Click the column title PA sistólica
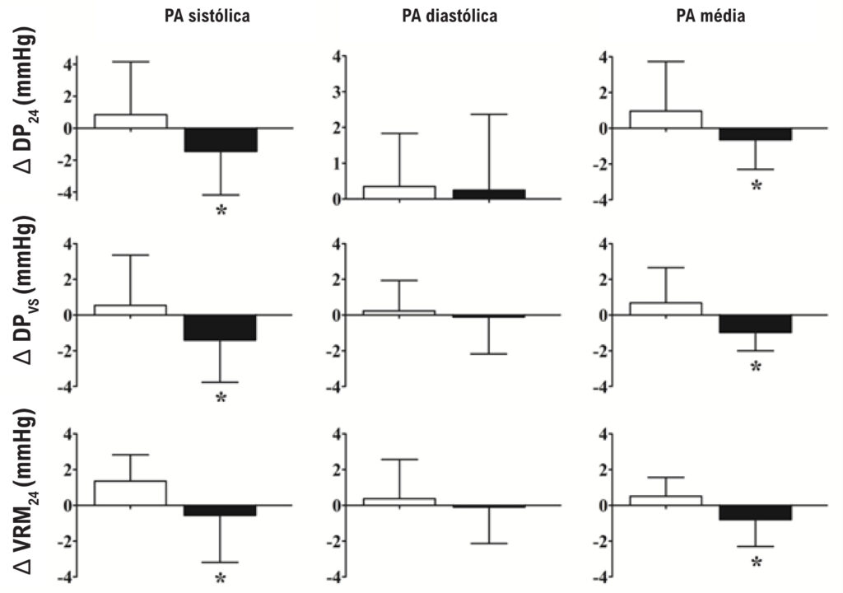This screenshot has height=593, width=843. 207,16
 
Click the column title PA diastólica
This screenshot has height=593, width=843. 449,16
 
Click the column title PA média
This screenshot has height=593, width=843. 710,16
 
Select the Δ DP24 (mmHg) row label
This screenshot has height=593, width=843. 24,100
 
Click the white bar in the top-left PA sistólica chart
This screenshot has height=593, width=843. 131,121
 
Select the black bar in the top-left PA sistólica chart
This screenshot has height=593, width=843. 221,140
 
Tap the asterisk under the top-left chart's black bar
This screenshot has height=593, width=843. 221,210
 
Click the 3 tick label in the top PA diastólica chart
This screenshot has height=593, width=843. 336,92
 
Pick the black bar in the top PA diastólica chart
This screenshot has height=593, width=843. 489,194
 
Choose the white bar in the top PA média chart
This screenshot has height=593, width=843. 665,119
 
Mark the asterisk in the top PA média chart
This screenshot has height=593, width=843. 757,186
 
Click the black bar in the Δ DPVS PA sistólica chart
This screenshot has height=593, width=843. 221,328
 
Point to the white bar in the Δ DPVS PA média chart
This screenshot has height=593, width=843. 665,309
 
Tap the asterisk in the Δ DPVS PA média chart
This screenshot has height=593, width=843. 756,367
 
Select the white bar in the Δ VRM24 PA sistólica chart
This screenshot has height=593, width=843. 130,493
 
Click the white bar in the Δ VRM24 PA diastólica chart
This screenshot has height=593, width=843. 399,502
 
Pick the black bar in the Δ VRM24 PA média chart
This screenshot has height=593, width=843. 756,513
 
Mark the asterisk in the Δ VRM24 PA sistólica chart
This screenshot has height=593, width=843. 221,578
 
